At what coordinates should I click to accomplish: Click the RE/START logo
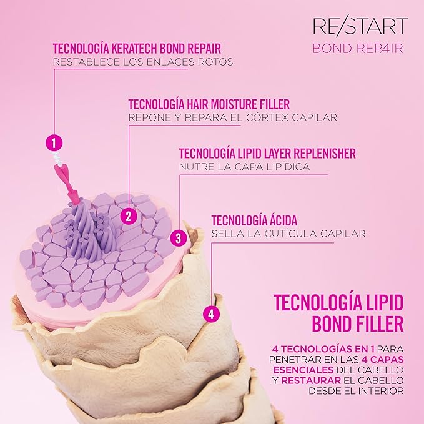pos(360,26)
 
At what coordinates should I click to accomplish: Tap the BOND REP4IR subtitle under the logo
pos(358,49)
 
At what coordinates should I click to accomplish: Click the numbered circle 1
pos(54,142)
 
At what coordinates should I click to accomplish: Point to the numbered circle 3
pos(179,239)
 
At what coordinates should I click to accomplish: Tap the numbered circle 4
pos(211,315)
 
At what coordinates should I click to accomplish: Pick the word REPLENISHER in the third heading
pos(325,154)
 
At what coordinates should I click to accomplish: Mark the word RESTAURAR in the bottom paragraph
pos(311,380)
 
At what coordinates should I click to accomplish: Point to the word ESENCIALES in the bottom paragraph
pos(303,370)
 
